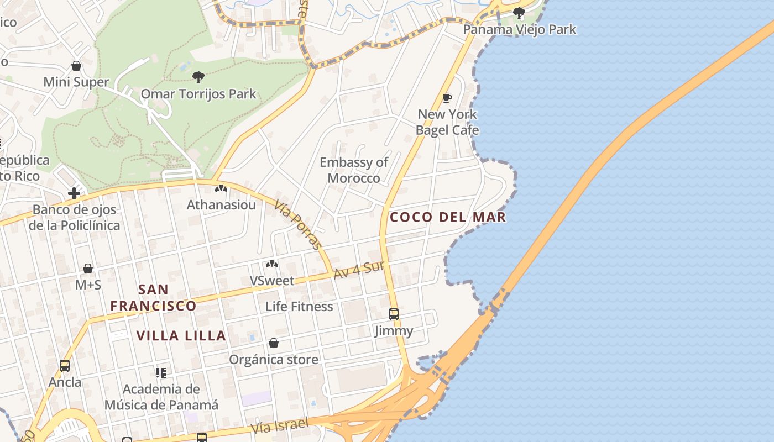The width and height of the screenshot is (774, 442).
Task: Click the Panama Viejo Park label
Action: [519, 29]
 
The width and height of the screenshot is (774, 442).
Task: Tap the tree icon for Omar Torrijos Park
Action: [198, 77]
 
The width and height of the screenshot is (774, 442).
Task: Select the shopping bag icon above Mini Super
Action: [76, 66]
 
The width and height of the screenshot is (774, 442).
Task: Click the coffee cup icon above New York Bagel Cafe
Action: [447, 98]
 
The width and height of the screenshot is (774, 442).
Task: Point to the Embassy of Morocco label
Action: [354, 170]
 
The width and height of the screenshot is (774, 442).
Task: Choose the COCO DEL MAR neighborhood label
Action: [448, 217]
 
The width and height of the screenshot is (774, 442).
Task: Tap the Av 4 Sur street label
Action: [359, 270]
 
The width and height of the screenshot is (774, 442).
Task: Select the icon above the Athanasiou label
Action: [221, 189]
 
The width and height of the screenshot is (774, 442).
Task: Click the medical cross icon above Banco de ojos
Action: [74, 193]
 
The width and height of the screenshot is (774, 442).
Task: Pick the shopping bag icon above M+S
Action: [88, 269]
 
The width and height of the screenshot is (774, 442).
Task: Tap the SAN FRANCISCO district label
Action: [153, 298]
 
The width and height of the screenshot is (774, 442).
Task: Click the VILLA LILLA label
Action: [181, 336]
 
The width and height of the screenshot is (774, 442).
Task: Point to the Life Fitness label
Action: [299, 307]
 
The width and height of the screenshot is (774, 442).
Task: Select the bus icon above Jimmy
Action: [394, 314]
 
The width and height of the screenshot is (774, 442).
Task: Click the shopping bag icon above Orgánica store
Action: [274, 344]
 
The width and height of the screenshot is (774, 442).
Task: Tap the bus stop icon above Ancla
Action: [65, 366]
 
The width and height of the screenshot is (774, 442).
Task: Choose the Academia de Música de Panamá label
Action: [161, 397]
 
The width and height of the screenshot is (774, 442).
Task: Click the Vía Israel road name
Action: [279, 426]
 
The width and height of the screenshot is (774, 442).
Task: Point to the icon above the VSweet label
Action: [272, 264]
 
